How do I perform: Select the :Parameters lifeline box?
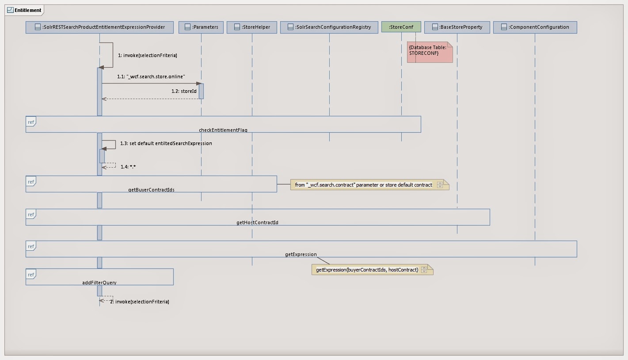[x=201, y=27]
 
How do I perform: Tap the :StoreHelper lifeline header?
[x=252, y=27]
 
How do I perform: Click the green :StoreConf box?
[x=401, y=27]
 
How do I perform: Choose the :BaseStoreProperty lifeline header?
[x=457, y=27]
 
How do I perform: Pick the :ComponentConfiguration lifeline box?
[x=535, y=27]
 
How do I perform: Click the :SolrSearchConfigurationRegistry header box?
[x=329, y=27]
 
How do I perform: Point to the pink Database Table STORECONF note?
[x=430, y=52]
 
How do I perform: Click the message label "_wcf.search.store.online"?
[x=151, y=77]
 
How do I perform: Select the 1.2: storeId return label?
[x=184, y=92]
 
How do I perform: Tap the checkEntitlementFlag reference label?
[x=223, y=130]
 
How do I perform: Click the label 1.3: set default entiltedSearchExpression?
[x=166, y=144]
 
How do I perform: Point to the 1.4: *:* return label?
[x=128, y=167]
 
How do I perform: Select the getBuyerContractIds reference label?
[x=151, y=190]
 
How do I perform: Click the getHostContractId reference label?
[x=257, y=222]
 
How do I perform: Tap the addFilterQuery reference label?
[x=99, y=283]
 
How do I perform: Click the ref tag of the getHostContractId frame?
[x=31, y=215]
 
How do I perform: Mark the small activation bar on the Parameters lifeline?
[x=201, y=91]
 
